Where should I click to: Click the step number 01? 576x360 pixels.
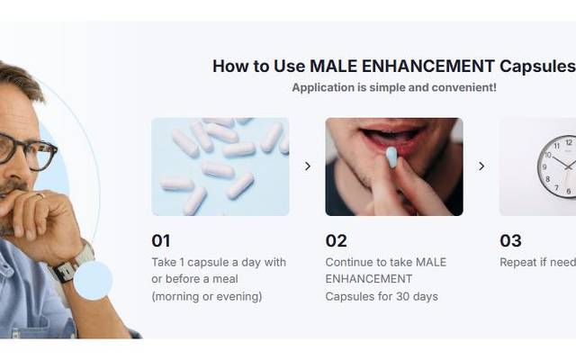coord(160,240)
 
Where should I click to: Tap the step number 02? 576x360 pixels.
coord(336,240)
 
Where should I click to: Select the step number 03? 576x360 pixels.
coord(510,240)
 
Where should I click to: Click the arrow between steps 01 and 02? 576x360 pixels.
coord(307,166)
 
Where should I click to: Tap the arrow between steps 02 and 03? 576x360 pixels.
coord(481,166)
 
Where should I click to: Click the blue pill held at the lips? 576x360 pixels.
coord(391,157)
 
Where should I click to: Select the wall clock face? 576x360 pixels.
coord(558,166)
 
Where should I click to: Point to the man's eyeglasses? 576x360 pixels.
coord(27,148)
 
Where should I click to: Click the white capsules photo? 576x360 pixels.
coord(220,166)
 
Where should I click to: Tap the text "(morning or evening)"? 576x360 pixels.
coord(206,296)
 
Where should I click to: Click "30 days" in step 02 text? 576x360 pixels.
coord(417,296)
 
